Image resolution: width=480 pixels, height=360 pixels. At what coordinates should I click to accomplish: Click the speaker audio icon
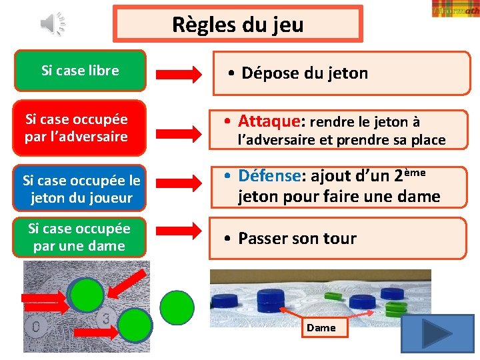[x=52, y=24]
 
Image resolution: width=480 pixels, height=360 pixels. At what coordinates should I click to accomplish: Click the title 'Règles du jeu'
[x=237, y=25]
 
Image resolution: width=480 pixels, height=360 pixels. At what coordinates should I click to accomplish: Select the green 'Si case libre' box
[x=80, y=71]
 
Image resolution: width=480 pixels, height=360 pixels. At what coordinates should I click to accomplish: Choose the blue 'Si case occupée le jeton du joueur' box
[x=81, y=189]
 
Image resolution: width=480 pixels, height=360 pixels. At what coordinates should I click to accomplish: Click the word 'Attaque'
[x=269, y=121]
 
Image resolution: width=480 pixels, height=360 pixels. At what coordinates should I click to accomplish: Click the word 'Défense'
[x=269, y=176]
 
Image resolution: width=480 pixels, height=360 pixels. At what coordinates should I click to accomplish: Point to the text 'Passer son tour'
[x=297, y=238]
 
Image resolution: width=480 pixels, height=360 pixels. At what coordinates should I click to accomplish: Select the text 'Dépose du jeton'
[x=304, y=73]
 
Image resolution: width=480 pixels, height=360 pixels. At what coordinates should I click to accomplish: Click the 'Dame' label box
[x=321, y=328]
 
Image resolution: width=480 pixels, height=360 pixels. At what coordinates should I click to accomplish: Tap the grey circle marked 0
[x=37, y=327]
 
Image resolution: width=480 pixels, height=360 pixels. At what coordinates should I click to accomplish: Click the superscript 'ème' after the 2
[x=414, y=172]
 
